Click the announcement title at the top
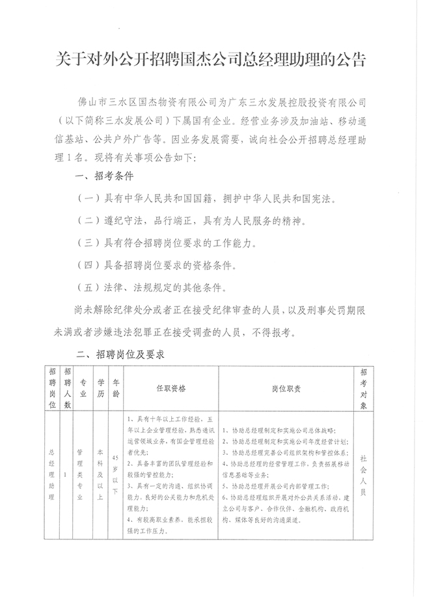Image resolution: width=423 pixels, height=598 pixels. click(211, 62)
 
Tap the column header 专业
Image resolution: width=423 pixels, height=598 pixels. click(83, 388)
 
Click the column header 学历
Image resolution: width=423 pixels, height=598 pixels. click(100, 388)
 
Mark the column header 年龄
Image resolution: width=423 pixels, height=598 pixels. click(116, 388)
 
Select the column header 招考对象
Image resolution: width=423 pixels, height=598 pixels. click(364, 388)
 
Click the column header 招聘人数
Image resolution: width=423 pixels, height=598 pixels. click(68, 388)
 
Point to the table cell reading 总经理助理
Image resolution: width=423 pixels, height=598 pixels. click(52, 474)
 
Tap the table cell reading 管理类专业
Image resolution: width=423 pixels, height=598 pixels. click(79, 474)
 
